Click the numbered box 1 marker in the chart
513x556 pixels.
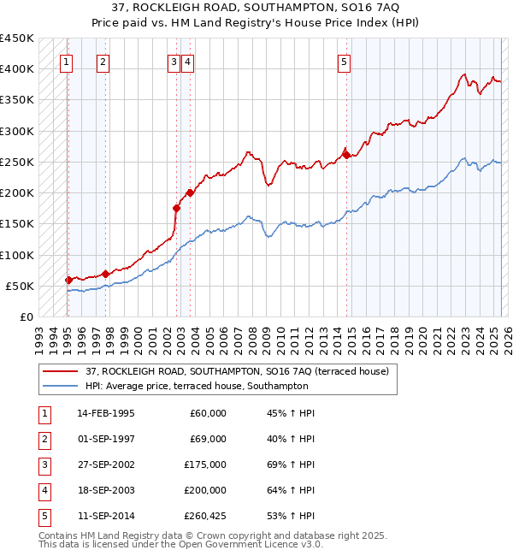(x=67, y=62)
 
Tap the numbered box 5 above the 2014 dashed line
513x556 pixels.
(x=344, y=62)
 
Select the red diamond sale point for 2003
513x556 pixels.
(x=190, y=192)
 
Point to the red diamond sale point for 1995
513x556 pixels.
(x=68, y=280)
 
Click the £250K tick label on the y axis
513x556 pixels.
(x=17, y=162)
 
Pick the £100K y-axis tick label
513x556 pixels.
(x=17, y=255)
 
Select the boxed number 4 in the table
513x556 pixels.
(x=44, y=490)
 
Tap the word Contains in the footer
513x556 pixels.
(x=61, y=535)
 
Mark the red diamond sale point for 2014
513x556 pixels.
(x=346, y=155)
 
